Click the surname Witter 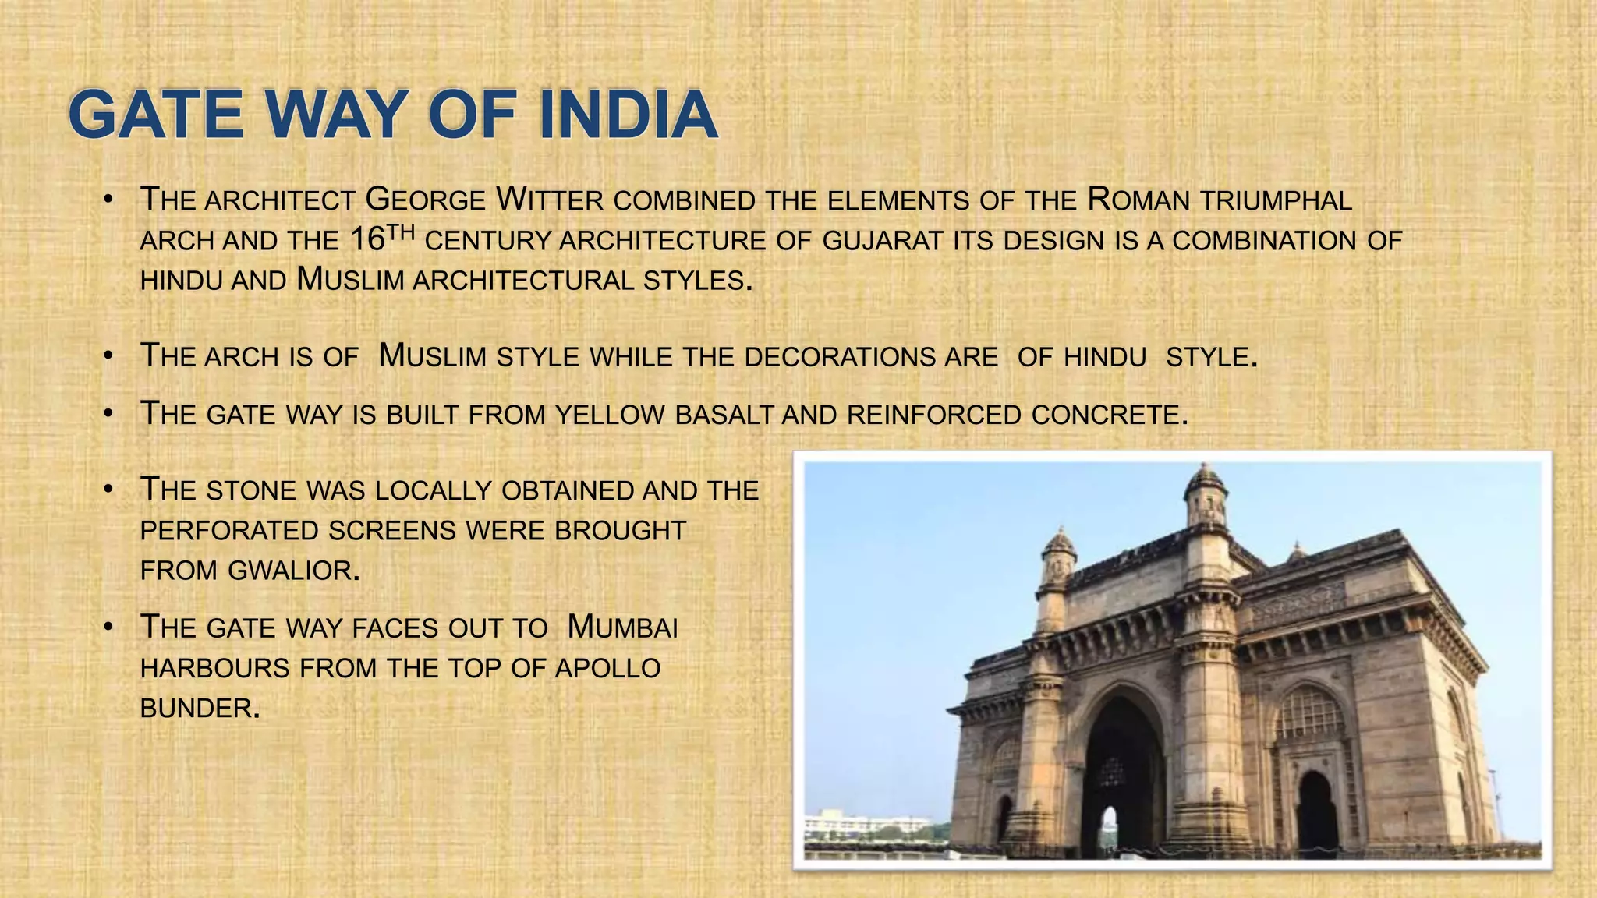click(x=550, y=200)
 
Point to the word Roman click(x=1138, y=200)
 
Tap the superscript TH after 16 click(x=401, y=232)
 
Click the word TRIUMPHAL click(x=1276, y=200)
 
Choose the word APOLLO click(x=607, y=668)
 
